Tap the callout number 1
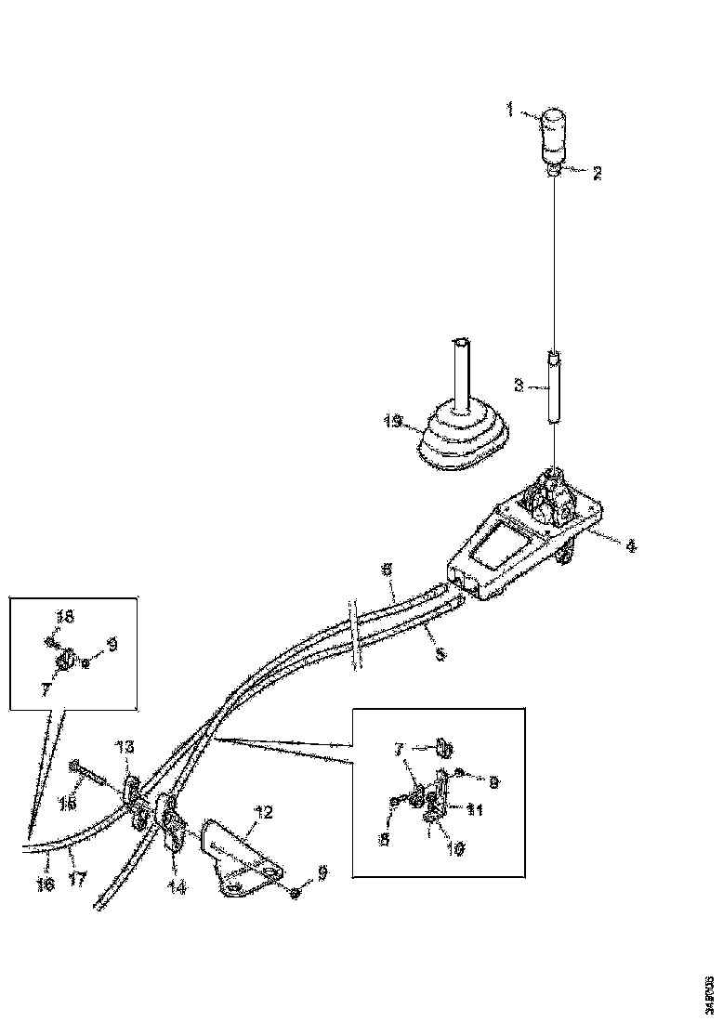click(x=510, y=111)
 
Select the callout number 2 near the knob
click(x=596, y=173)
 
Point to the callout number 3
click(x=519, y=384)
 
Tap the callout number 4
click(x=631, y=546)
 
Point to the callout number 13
click(x=125, y=747)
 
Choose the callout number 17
click(x=78, y=878)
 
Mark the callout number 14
click(x=176, y=887)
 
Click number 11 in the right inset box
click(x=475, y=809)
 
